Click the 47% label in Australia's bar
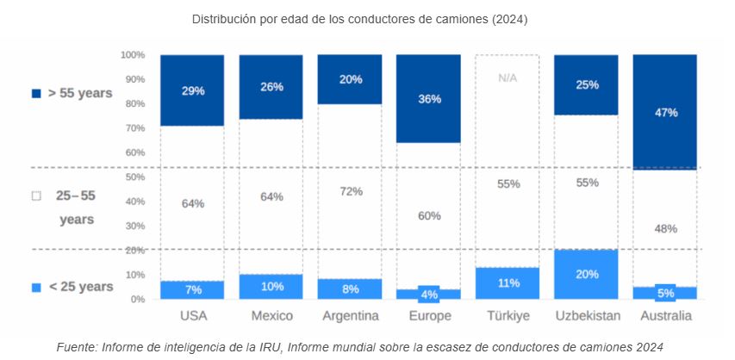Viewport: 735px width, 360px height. click(665, 113)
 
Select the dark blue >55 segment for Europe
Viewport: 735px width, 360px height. click(428, 98)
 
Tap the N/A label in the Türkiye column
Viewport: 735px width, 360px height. click(507, 78)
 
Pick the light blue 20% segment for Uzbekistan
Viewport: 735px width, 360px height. click(586, 274)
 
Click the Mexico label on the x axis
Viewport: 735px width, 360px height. click(271, 316)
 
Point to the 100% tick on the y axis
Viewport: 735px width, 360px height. click(132, 55)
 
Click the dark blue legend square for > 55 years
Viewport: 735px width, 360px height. click(36, 93)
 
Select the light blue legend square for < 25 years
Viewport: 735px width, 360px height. click(36, 287)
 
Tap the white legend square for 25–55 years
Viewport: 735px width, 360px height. click(36, 196)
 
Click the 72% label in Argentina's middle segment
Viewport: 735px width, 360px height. click(350, 191)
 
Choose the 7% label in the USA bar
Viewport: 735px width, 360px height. click(192, 289)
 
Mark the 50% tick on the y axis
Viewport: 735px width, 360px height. click(134, 177)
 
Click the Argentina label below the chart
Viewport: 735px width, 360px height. click(350, 316)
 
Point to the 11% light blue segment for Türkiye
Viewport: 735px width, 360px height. click(507, 282)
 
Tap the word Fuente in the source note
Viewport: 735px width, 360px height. click(76, 346)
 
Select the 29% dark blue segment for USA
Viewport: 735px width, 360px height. click(192, 90)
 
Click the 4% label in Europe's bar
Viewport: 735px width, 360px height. click(428, 294)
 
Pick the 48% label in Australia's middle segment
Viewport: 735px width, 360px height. click(665, 229)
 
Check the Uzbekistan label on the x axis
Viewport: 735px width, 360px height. click(586, 316)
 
